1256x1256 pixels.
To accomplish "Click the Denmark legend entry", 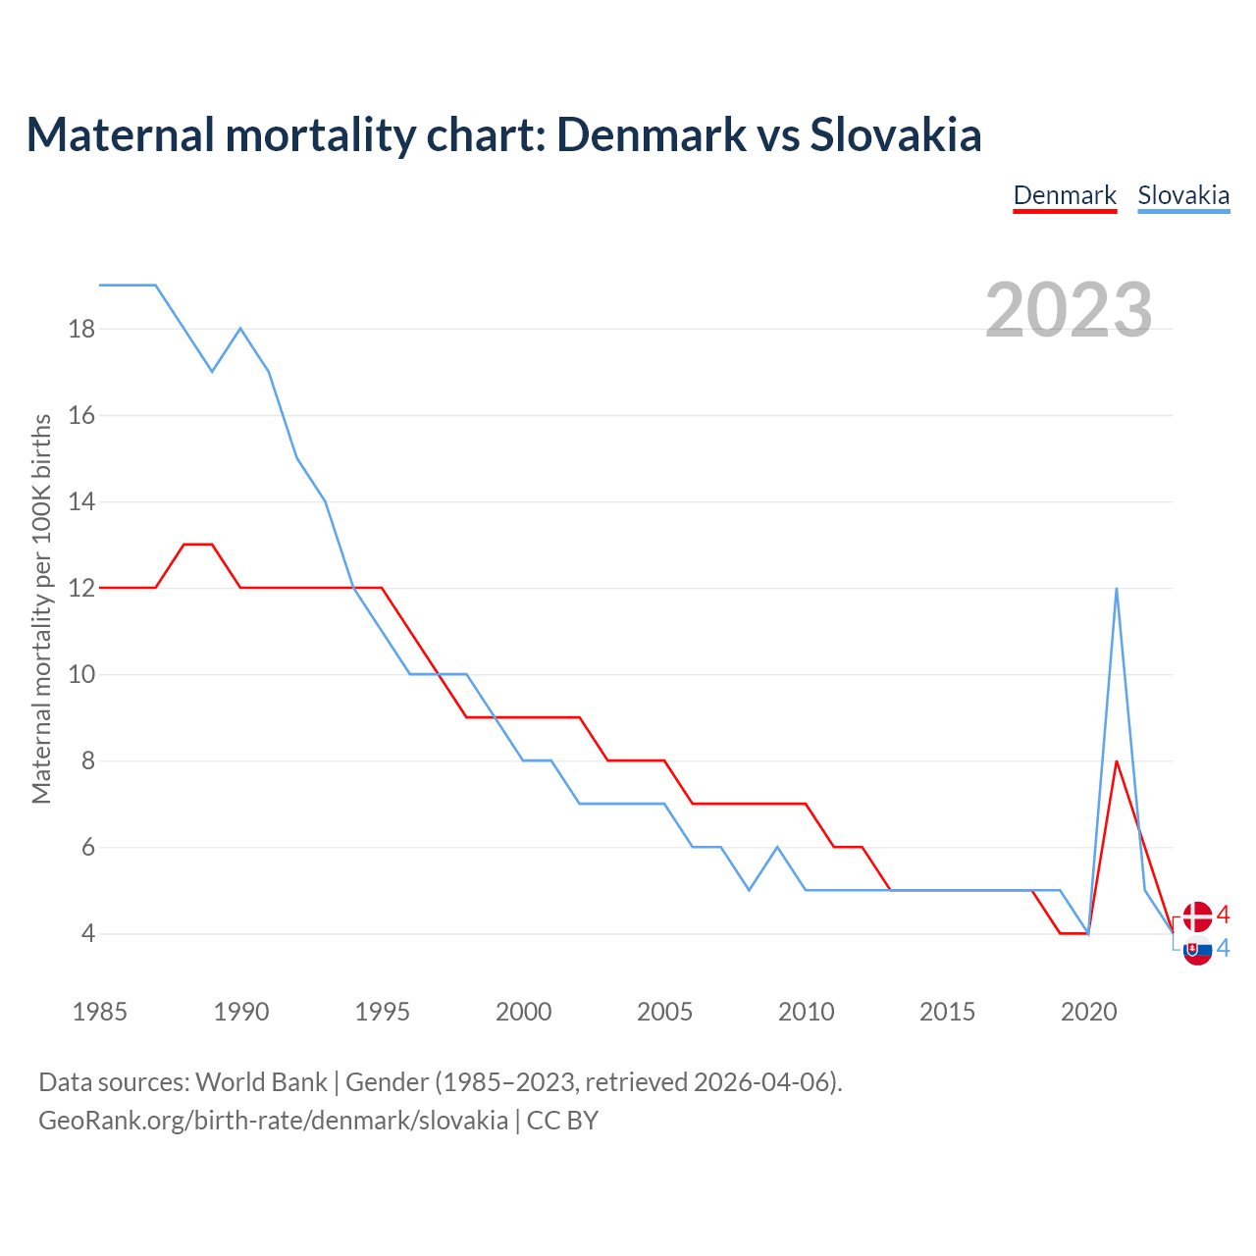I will click(1065, 195).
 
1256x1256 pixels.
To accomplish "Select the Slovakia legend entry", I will click(1183, 195).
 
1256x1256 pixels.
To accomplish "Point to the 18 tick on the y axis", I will click(82, 329).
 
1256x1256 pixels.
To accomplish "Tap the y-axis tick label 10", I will click(82, 675).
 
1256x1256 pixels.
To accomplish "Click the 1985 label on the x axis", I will click(100, 1012).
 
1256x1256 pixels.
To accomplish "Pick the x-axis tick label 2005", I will click(664, 1012).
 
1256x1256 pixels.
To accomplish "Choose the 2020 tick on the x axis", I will click(1088, 1012).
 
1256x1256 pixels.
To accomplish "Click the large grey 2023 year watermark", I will click(1069, 310).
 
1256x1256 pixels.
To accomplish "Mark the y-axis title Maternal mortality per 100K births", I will click(41, 608).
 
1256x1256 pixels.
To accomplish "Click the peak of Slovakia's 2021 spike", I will click(1117, 589).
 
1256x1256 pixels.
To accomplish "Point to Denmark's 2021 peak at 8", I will click(1117, 761).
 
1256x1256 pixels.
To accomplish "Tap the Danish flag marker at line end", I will click(1197, 916).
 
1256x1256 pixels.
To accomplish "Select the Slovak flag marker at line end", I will click(1197, 950).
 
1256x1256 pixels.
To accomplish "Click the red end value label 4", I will click(1224, 916).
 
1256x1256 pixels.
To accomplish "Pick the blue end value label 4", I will click(1224, 948).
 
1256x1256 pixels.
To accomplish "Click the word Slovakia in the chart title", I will click(895, 135).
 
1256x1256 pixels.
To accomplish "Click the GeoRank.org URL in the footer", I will click(273, 1120).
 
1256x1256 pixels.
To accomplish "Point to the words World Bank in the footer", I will click(261, 1082).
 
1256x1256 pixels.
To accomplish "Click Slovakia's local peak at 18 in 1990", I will click(240, 329).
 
